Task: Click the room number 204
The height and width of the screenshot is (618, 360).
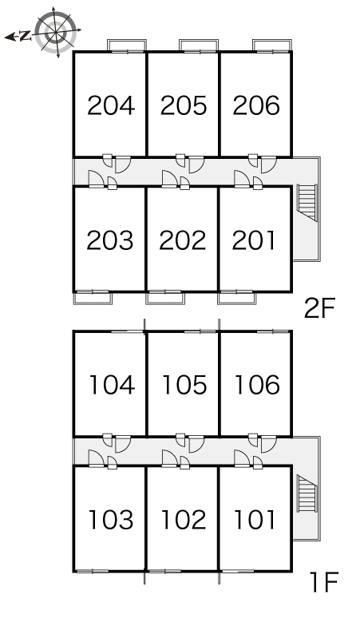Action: [x=111, y=105]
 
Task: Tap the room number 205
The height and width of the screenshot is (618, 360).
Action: [x=184, y=105]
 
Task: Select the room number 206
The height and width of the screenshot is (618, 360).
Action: [x=256, y=105]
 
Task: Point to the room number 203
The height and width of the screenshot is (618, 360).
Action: [x=110, y=240]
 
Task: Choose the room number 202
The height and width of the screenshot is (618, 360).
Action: [x=183, y=240]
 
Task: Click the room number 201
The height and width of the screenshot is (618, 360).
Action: [x=254, y=240]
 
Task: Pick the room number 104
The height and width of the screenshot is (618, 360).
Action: [x=113, y=385]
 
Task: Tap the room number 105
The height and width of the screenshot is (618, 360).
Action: [x=184, y=385]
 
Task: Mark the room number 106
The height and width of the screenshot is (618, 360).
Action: [x=257, y=385]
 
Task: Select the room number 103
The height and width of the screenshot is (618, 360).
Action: [x=111, y=520]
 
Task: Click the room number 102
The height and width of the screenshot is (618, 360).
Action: [x=184, y=520]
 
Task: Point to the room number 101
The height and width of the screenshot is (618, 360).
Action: [x=255, y=520]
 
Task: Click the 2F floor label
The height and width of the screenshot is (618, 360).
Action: [x=319, y=308]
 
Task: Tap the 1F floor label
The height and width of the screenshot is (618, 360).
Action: [x=324, y=582]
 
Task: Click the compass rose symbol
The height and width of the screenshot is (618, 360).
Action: [x=56, y=32]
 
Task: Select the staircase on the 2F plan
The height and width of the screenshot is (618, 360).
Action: [x=307, y=203]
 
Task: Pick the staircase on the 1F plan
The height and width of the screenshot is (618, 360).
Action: [x=307, y=493]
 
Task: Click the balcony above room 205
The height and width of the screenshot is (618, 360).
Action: [x=199, y=46]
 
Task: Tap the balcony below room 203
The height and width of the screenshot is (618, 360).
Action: [x=93, y=298]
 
